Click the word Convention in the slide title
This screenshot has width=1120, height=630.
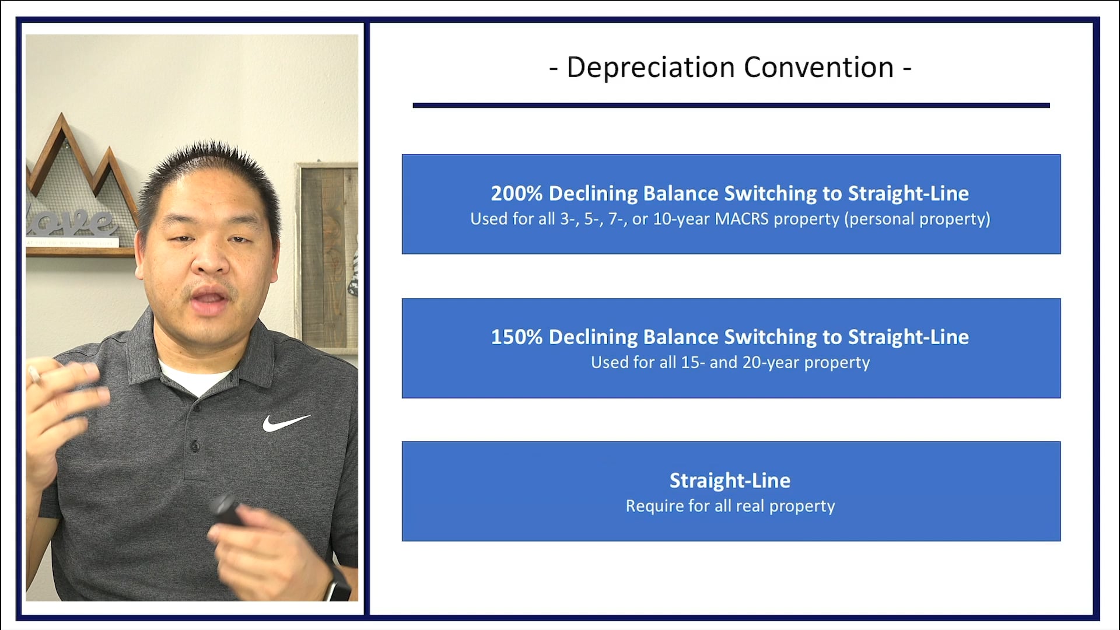[x=818, y=68]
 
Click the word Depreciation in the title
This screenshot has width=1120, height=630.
[x=650, y=68]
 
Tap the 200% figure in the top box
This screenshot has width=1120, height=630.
[x=516, y=193]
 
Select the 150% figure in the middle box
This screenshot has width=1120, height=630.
[x=516, y=337]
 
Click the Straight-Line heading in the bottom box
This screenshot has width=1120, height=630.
[x=730, y=480]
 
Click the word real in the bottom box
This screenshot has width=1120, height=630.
[x=750, y=506]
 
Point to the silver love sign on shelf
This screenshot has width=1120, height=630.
[x=70, y=222]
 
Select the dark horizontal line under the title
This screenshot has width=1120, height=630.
[x=730, y=106]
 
